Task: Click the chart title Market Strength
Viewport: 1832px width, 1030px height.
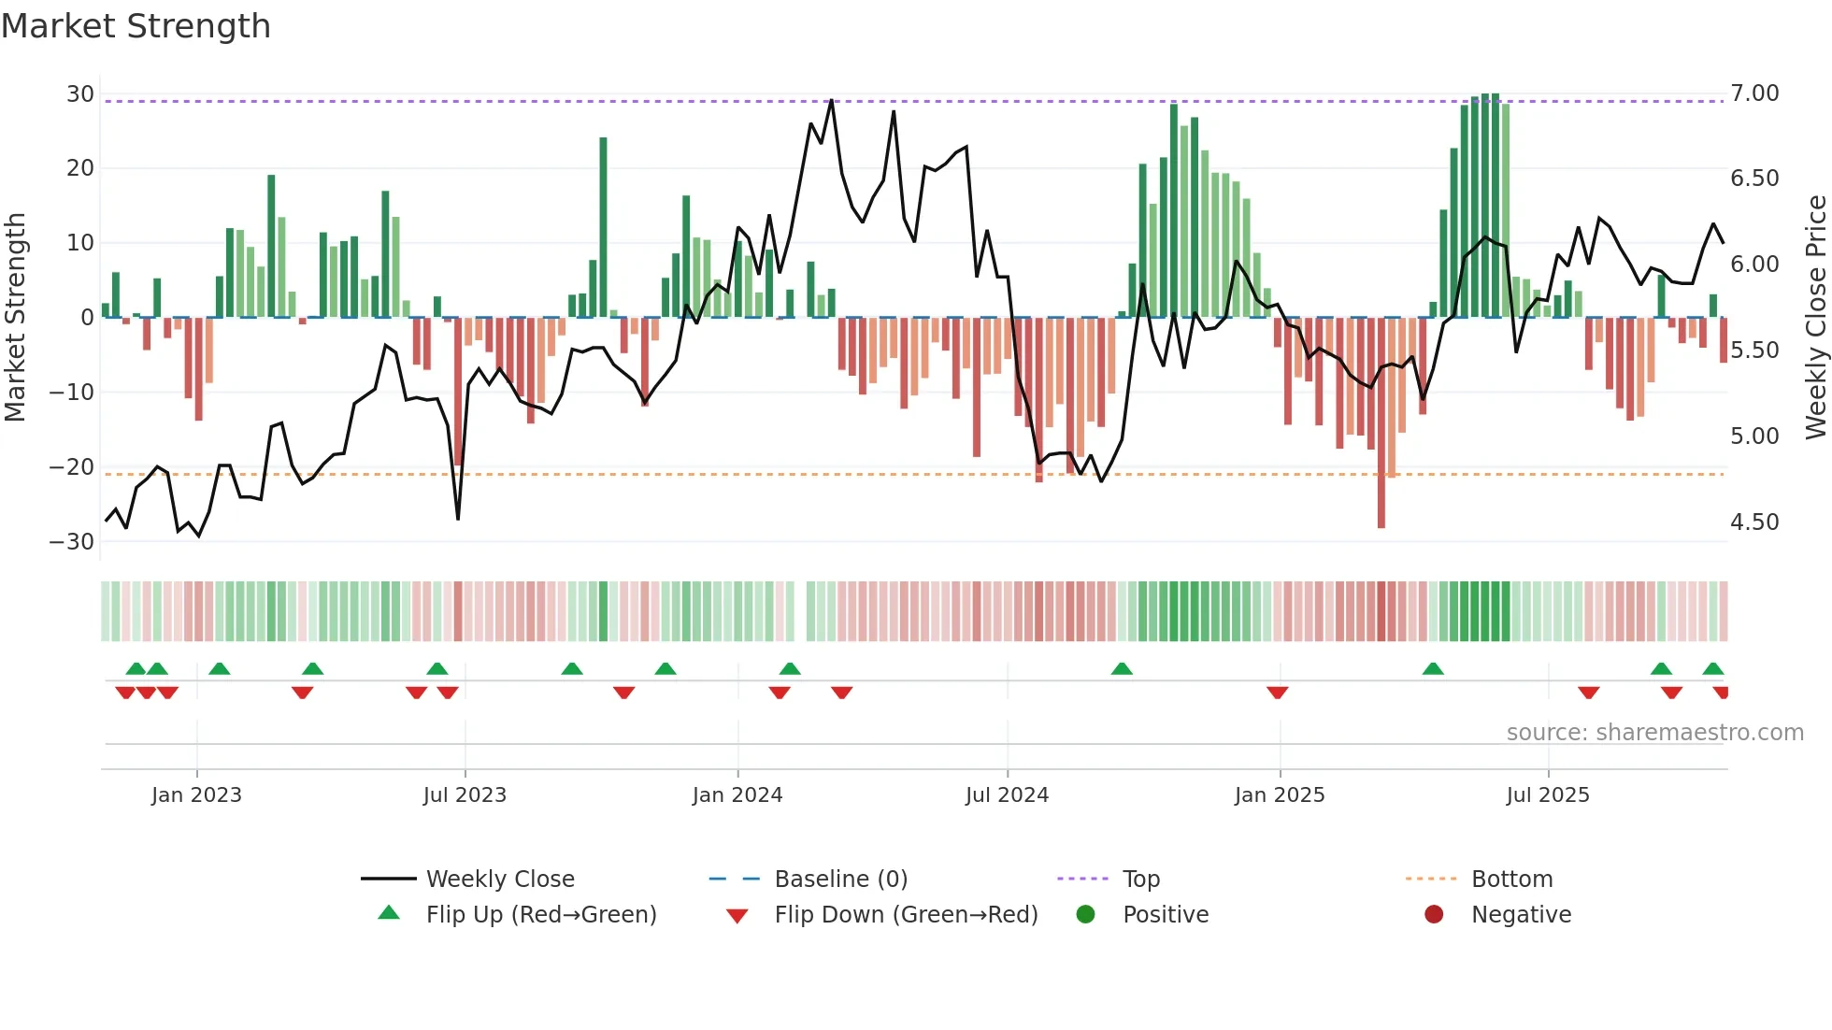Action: pyautogui.click(x=136, y=26)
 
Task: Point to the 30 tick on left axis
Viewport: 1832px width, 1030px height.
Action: pyautogui.click(x=79, y=94)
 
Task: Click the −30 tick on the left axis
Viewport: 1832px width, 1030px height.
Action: pyautogui.click(x=72, y=542)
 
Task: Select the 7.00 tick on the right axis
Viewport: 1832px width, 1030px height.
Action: pyautogui.click(x=1754, y=93)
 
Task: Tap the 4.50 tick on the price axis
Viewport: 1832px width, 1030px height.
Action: pyautogui.click(x=1754, y=522)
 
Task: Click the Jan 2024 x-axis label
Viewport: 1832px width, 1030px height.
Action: pyautogui.click(x=737, y=795)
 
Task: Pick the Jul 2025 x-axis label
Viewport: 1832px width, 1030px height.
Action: pyautogui.click(x=1547, y=795)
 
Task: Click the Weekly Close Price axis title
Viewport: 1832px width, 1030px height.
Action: pyautogui.click(x=1815, y=318)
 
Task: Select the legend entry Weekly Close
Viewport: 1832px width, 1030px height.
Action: pyautogui.click(x=499, y=880)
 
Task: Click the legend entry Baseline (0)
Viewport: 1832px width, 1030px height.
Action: pyautogui.click(x=840, y=880)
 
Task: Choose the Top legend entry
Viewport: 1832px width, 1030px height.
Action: pyautogui.click(x=1140, y=880)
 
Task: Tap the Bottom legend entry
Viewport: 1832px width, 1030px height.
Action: pyautogui.click(x=1511, y=880)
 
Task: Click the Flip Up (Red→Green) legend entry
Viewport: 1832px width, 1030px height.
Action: pyautogui.click(x=540, y=915)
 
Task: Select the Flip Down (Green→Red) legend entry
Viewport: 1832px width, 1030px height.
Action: pyautogui.click(x=905, y=915)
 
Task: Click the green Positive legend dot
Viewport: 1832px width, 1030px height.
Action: pyautogui.click(x=1085, y=914)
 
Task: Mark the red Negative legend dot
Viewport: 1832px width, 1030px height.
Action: pyautogui.click(x=1434, y=914)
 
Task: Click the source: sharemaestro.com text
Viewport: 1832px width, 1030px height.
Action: pyautogui.click(x=1654, y=733)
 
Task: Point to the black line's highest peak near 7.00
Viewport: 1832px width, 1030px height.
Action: pyautogui.click(x=831, y=101)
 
